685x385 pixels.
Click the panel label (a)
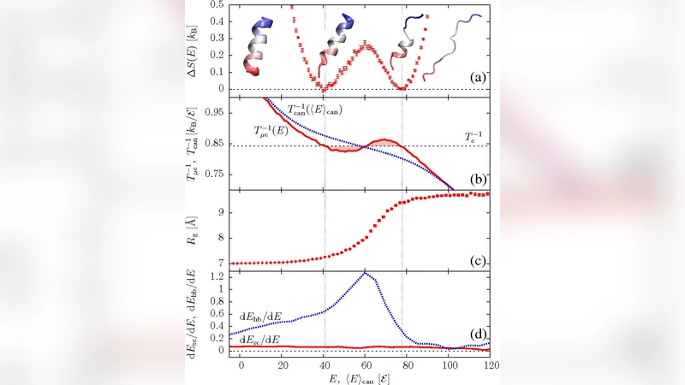coord(477,79)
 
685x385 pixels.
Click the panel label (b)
coord(477,180)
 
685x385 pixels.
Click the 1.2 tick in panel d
coord(218,275)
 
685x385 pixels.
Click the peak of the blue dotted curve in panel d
coord(366,273)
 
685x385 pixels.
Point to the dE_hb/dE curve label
coord(271,316)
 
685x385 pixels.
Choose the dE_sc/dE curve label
coord(271,339)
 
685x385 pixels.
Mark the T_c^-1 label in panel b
coord(474,137)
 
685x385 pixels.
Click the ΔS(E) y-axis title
coord(194,48)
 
